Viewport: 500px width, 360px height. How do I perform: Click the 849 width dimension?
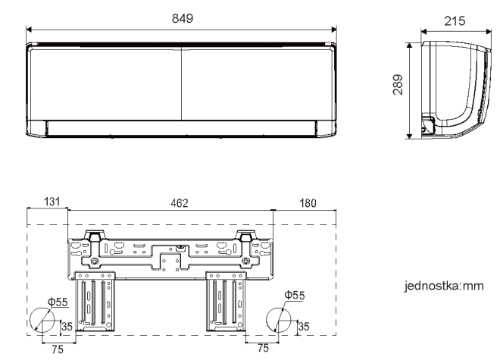click(183, 18)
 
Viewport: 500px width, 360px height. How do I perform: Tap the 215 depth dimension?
click(455, 21)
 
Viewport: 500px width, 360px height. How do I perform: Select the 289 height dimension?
click(398, 85)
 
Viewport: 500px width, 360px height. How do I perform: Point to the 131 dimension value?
click(52, 202)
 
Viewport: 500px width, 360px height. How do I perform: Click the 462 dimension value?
click(180, 203)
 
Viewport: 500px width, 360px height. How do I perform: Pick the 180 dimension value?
click(308, 203)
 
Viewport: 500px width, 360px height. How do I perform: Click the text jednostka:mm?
click(444, 286)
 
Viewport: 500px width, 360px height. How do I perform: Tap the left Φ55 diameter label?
click(58, 302)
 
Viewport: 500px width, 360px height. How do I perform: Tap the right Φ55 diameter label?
click(295, 296)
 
